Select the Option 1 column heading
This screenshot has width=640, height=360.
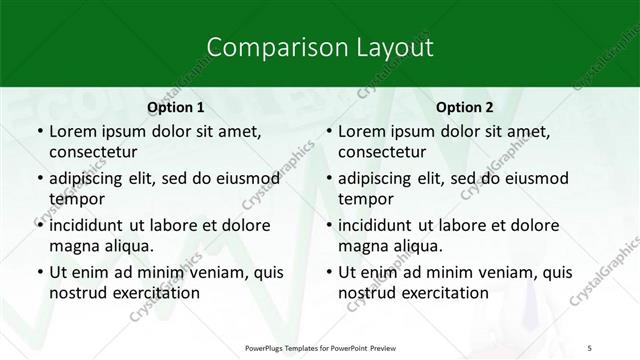(176, 107)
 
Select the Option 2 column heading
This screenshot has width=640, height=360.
(464, 107)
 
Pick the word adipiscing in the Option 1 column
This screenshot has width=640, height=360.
(90, 179)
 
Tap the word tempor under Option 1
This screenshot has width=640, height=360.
(75, 198)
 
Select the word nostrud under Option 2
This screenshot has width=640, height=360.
(366, 292)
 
